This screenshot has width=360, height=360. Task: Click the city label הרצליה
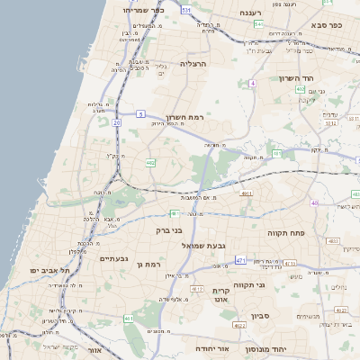point(193,64)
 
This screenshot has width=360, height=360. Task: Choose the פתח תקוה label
point(287,232)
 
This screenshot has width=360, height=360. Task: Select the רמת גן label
point(143,264)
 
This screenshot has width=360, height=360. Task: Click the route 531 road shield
point(185,9)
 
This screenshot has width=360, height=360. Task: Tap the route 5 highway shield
point(140,113)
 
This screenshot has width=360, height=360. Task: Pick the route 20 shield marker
point(116,121)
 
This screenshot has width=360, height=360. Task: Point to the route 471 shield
point(240,260)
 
